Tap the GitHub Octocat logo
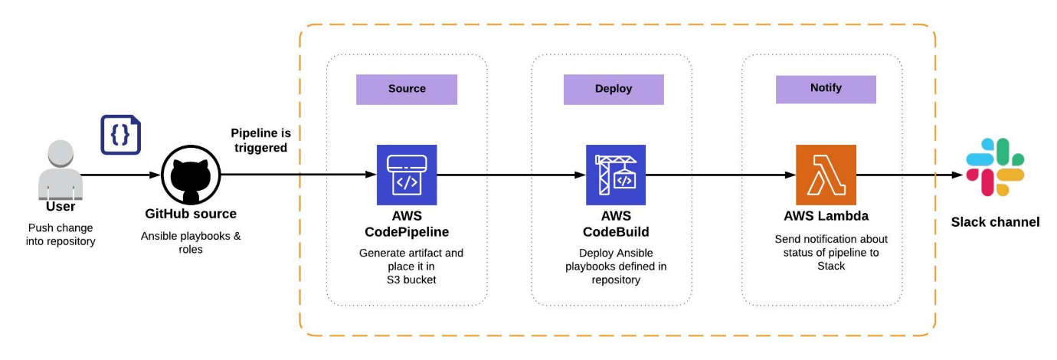pyautogui.click(x=191, y=175)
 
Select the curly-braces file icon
pyautogui.click(x=121, y=135)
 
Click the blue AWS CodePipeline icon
pyautogui.click(x=407, y=175)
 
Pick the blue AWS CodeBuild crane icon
pyautogui.click(x=616, y=175)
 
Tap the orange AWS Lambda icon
pyautogui.click(x=826, y=175)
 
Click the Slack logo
pyautogui.click(x=995, y=168)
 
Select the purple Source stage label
pyautogui.click(x=407, y=89)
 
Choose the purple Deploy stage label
pyautogui.click(x=614, y=89)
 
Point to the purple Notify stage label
pyautogui.click(x=826, y=88)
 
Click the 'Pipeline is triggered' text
pyautogui.click(x=260, y=140)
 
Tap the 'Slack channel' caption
pyautogui.click(x=995, y=222)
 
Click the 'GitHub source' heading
pyautogui.click(x=191, y=214)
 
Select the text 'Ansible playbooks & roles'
pyautogui.click(x=191, y=242)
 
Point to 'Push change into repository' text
pyautogui.click(x=62, y=234)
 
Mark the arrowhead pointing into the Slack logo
pyautogui.click(x=957, y=175)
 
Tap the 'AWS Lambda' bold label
pyautogui.click(x=826, y=215)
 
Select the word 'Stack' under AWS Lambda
pyautogui.click(x=826, y=266)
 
